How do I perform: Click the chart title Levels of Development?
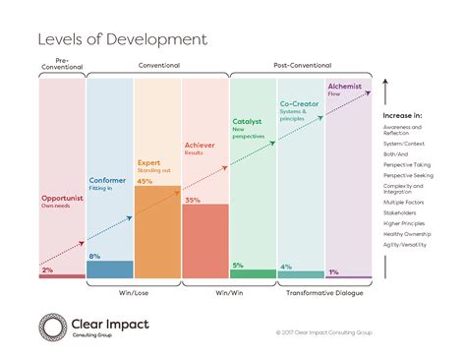pyautogui.click(x=122, y=39)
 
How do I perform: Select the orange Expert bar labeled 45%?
pyautogui.click(x=156, y=231)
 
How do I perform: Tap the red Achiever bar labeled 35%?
pyautogui.click(x=204, y=241)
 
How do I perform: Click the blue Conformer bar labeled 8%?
pyautogui.click(x=109, y=270)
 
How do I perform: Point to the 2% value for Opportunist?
pyautogui.click(x=47, y=270)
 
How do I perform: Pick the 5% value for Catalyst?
pyautogui.click(x=237, y=265)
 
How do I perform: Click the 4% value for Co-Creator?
pyautogui.click(x=285, y=267)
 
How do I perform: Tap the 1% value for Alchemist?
pyautogui.click(x=333, y=271)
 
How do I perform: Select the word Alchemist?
pyautogui.click(x=344, y=87)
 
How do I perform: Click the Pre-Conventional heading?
pyautogui.click(x=61, y=64)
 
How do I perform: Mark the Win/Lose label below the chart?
pyautogui.click(x=133, y=292)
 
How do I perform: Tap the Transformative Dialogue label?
pyautogui.click(x=324, y=292)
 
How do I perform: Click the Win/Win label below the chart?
pyautogui.click(x=228, y=292)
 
